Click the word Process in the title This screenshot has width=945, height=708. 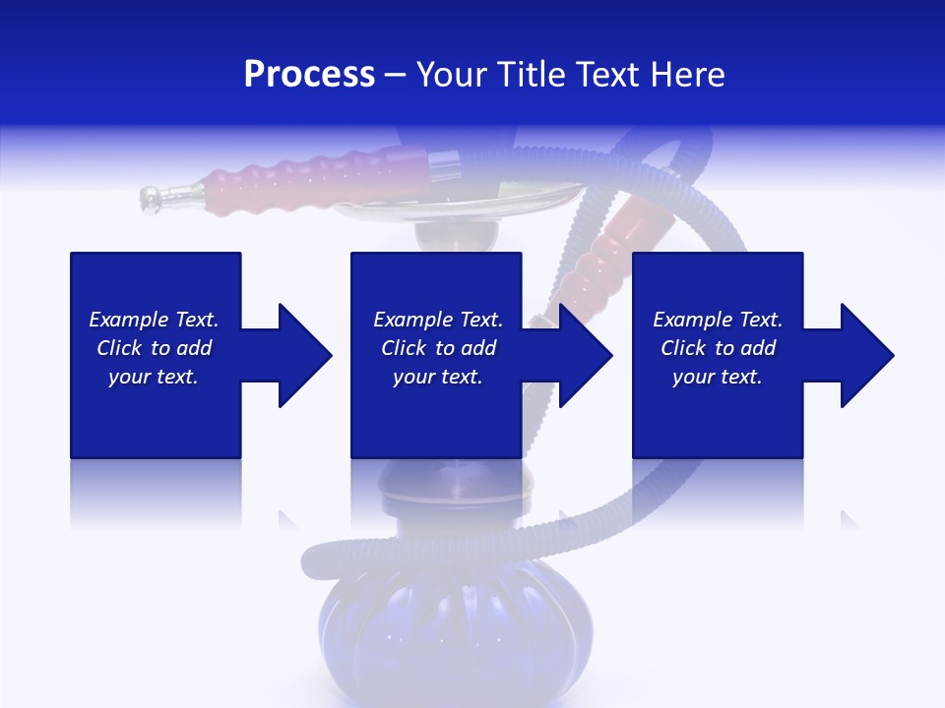[x=309, y=75]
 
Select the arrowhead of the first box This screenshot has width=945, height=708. [x=300, y=355]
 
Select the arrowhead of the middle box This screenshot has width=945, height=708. [x=582, y=355]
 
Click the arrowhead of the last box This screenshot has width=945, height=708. [x=864, y=355]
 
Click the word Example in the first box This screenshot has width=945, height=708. [x=128, y=320]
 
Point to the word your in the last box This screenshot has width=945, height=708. [x=693, y=377]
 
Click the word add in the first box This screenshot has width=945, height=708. [x=194, y=348]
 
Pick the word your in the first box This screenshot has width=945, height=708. [x=128, y=377]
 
